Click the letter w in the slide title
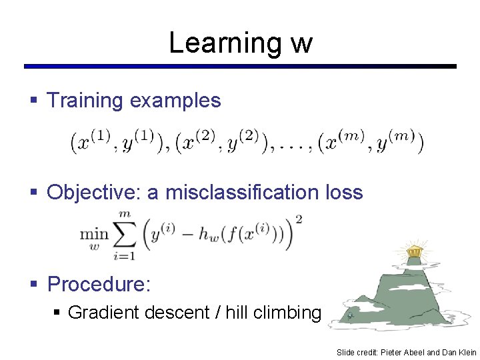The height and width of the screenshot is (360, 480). (x=301, y=44)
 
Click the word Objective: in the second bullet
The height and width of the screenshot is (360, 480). (x=94, y=193)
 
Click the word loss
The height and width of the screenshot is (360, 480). (x=343, y=193)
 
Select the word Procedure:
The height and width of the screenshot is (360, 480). (x=99, y=285)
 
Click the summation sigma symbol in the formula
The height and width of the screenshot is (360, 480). (x=125, y=234)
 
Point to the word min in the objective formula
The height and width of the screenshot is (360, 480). (x=94, y=234)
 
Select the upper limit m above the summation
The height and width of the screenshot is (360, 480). (x=124, y=213)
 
